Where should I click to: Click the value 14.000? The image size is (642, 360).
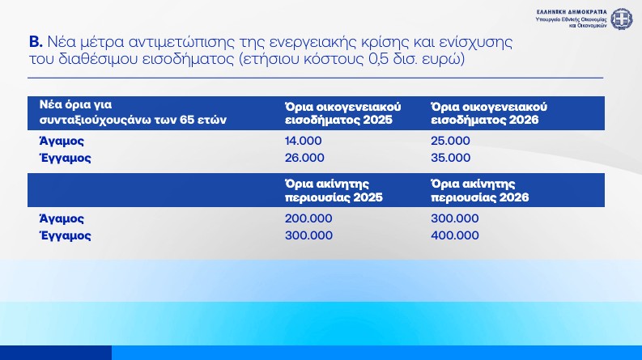pos(304,141)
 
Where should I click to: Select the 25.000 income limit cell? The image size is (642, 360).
pos(450,141)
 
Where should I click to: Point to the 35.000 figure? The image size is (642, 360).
pos(450,158)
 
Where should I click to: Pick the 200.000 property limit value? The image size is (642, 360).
pos(308,218)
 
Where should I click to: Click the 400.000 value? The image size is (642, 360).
pos(455,235)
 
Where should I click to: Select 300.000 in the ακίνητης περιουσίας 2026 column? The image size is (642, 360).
pos(455,218)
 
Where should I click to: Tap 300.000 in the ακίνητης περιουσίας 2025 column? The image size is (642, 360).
pos(308,235)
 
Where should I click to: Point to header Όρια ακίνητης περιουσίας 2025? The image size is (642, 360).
pos(334,190)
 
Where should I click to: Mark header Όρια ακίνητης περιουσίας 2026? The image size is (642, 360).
pos(479,190)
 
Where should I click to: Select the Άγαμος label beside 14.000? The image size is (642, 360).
pos(62,141)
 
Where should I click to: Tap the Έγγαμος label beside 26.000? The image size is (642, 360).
pos(65,158)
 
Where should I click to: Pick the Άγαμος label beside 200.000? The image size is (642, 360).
pos(62,218)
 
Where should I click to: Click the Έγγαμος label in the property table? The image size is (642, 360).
pos(65,235)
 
